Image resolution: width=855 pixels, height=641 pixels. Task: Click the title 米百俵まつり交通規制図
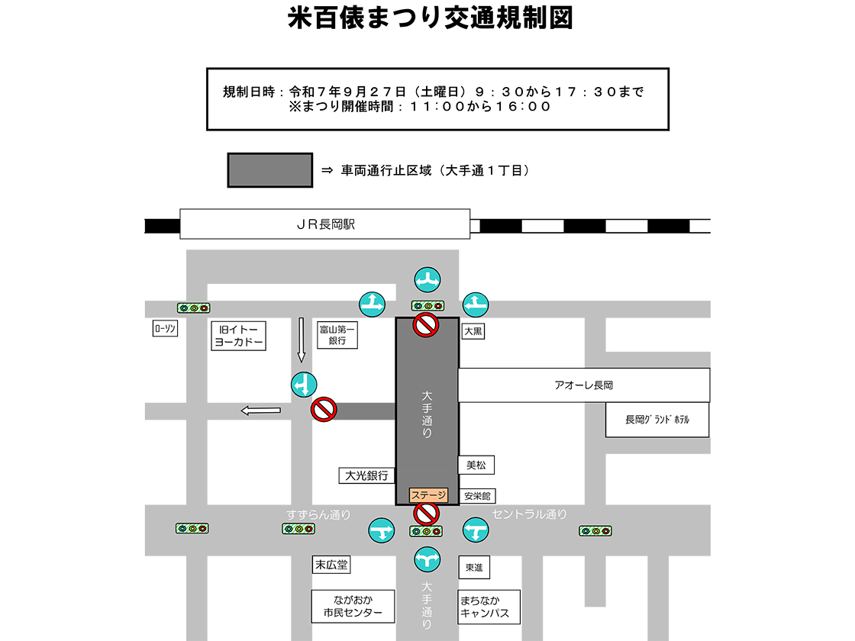tap(430, 18)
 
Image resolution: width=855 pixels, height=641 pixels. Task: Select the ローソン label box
tap(165, 329)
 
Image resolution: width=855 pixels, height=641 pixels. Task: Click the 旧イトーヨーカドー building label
tap(238, 336)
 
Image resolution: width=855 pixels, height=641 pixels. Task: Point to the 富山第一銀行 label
tap(337, 335)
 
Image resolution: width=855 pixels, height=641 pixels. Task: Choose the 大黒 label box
tap(473, 332)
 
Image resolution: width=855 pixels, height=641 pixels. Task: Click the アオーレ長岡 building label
tap(584, 385)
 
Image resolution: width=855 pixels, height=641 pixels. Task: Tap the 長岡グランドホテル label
tap(657, 420)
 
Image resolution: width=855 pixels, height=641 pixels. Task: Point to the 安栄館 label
tap(479, 496)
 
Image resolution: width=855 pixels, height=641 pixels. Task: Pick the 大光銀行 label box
tap(367, 475)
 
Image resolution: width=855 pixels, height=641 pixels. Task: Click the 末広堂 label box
tap(331, 565)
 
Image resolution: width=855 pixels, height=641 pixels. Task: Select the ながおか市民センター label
tap(353, 606)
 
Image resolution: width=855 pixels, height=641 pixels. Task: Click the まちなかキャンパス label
tap(489, 606)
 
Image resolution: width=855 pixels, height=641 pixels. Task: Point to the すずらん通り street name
tap(318, 514)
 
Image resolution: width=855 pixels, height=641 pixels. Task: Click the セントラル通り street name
tap(530, 514)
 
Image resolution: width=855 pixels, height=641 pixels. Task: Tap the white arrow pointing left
tap(260, 411)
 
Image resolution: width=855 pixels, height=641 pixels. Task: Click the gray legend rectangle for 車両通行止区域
tap(269, 170)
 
